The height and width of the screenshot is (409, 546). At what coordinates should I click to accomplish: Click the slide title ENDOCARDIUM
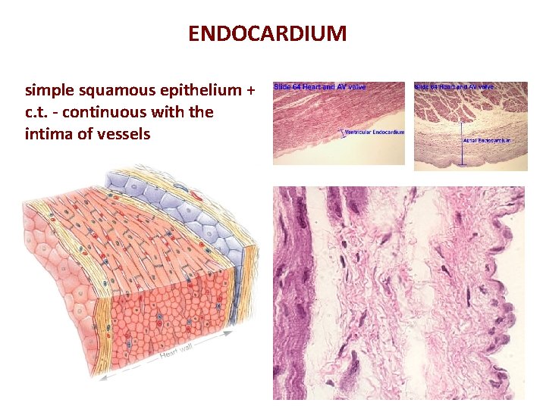click(x=267, y=34)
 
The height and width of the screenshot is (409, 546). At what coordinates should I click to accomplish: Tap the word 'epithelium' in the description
click(x=201, y=92)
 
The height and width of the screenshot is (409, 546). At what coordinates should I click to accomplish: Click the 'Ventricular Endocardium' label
click(x=374, y=133)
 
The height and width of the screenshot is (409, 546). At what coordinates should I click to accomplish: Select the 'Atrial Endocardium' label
click(x=486, y=140)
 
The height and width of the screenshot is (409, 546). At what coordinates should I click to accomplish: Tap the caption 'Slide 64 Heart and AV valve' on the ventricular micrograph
click(x=319, y=87)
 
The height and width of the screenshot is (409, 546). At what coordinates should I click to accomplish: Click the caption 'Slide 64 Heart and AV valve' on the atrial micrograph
click(x=454, y=87)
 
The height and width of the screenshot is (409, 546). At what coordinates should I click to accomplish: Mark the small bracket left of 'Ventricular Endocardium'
click(x=339, y=133)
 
